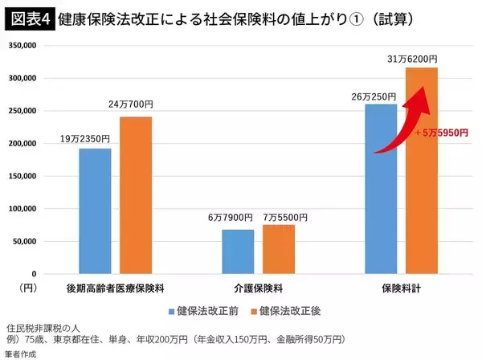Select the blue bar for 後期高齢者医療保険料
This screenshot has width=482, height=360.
95,211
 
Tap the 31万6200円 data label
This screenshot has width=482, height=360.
422,59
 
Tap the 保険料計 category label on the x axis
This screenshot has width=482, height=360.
402,286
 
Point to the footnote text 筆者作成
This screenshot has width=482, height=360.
23,353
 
